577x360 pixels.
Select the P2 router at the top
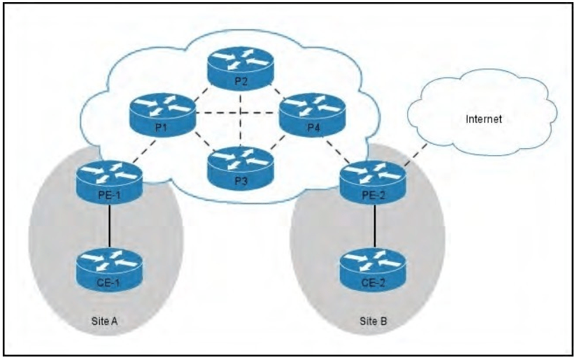tap(241, 71)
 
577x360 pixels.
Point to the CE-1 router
tap(110, 266)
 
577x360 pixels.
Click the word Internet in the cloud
tap(485, 120)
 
